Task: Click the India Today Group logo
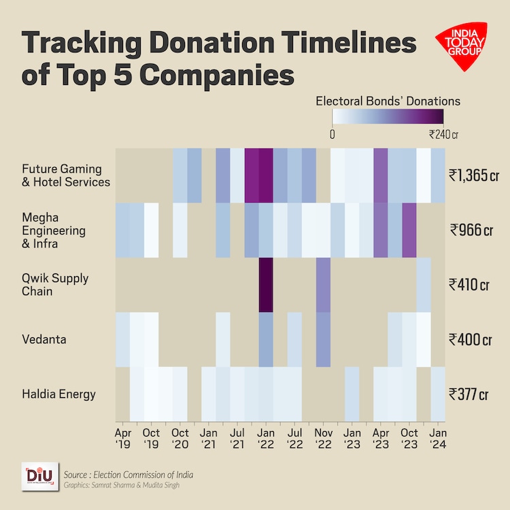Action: click(460, 47)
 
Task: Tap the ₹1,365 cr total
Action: click(469, 175)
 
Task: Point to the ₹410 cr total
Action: click(469, 284)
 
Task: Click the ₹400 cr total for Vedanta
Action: click(469, 339)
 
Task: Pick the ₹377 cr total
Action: click(469, 393)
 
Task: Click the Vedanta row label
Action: click(44, 339)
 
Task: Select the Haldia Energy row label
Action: click(58, 394)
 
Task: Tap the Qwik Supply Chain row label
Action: click(55, 284)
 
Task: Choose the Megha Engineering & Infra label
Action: click(54, 230)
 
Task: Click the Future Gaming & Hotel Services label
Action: click(65, 175)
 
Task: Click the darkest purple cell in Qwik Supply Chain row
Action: click(266, 284)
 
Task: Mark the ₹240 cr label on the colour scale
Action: click(443, 134)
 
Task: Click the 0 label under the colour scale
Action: click(332, 134)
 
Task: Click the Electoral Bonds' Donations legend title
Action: click(388, 101)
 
